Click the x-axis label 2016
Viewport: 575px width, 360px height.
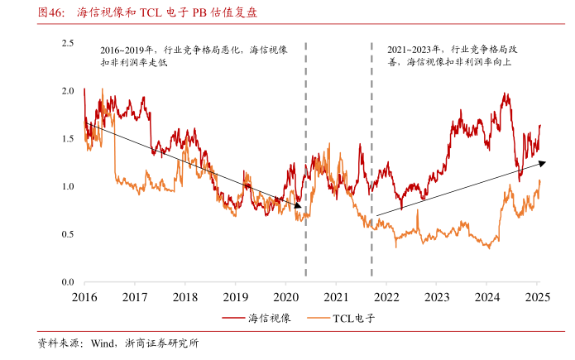tap(84, 296)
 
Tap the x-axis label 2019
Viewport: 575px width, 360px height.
tap(236, 296)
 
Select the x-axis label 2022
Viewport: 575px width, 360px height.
tap(386, 296)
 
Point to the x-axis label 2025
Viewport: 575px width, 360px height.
tap(537, 296)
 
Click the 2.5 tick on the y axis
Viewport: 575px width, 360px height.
tap(68, 42)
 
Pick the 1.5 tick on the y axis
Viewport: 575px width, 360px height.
tap(68, 138)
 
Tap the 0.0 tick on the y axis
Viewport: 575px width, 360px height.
tap(68, 282)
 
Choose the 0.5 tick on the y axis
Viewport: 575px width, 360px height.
tap(68, 234)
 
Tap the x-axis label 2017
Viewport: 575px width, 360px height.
tap(135, 296)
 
